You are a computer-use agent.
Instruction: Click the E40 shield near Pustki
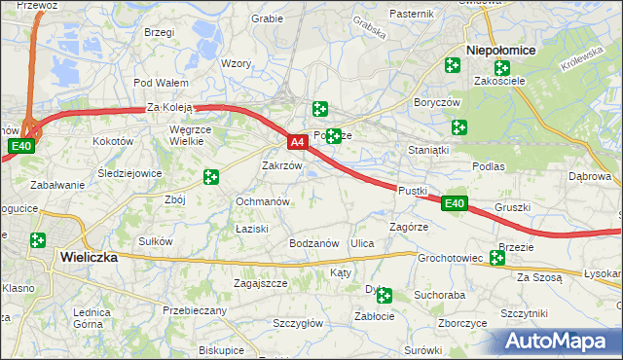454,203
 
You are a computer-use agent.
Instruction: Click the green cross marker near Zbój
211,177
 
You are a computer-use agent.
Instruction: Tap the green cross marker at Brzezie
497,258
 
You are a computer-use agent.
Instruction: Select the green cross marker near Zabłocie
385,295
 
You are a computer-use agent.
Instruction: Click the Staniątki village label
428,151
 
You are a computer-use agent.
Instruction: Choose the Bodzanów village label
313,243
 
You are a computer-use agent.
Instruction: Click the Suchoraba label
439,293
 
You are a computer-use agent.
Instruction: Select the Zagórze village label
409,226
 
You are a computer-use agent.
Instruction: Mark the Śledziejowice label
129,173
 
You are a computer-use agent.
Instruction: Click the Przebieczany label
195,310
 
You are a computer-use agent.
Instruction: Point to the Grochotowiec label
450,259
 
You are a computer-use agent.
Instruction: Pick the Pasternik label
411,14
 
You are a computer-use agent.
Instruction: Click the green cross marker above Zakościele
501,68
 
